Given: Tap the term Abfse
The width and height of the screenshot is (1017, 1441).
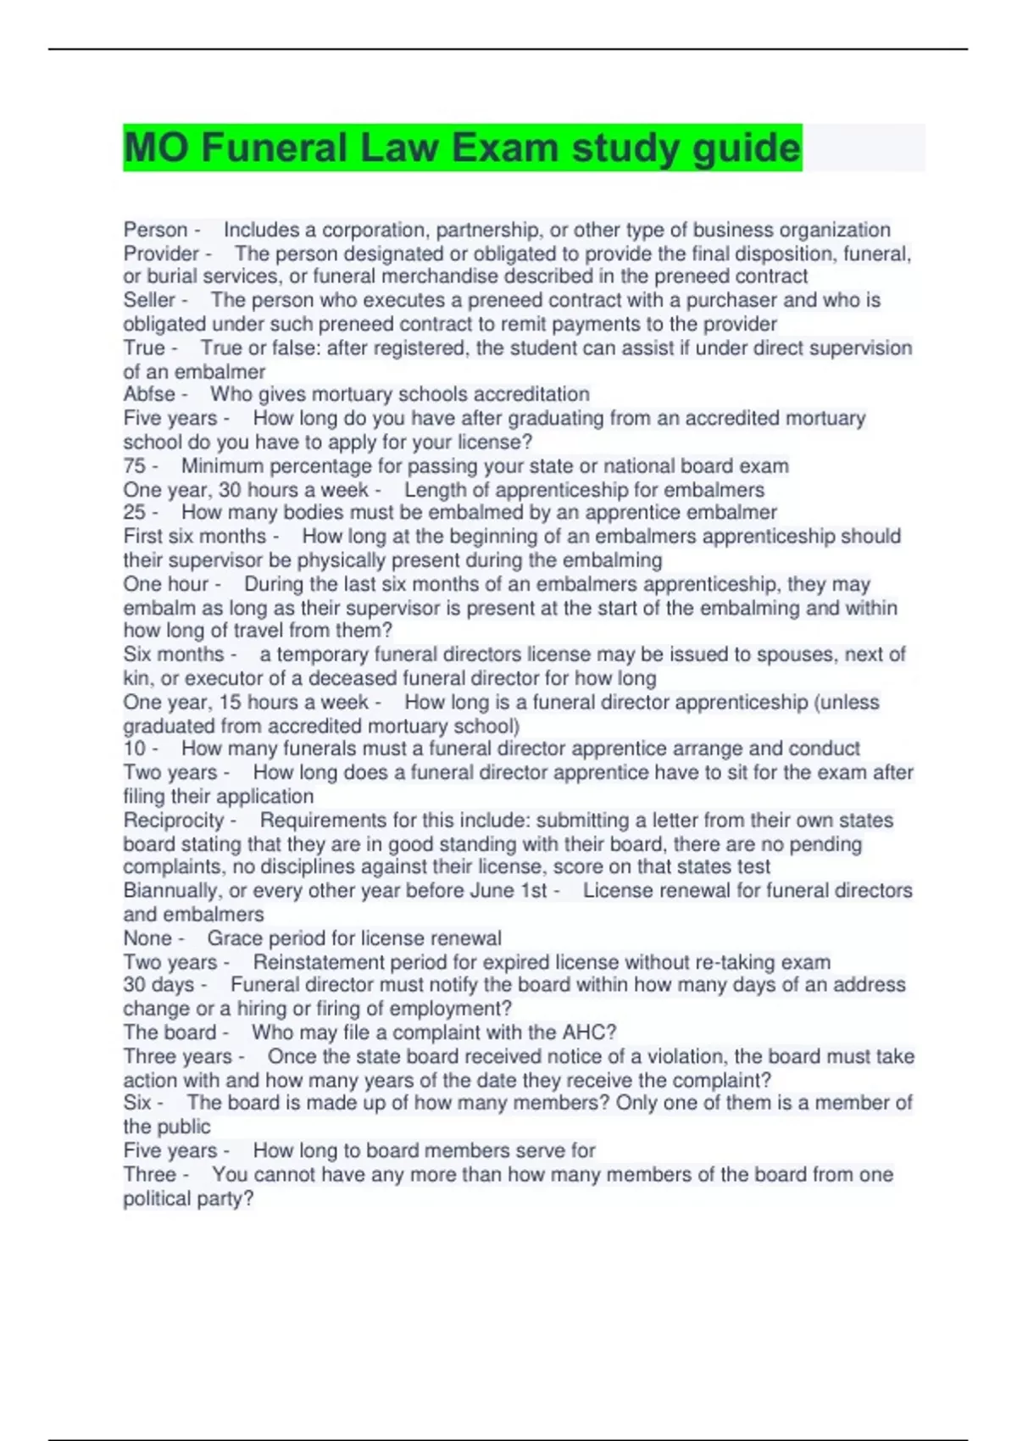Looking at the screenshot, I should pyautogui.click(x=149, y=394).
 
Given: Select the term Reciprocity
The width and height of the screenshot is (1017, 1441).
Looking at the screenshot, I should pyautogui.click(x=173, y=820).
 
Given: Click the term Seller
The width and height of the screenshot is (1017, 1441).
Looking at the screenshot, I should pyautogui.click(x=149, y=300).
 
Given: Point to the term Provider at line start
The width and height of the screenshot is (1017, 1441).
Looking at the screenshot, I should pyautogui.click(x=161, y=253).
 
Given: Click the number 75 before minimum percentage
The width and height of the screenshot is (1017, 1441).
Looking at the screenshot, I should pyautogui.click(x=134, y=465).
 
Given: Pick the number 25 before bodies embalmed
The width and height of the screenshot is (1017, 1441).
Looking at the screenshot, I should pyautogui.click(x=134, y=512).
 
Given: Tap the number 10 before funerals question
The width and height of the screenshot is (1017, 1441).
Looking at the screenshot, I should pyautogui.click(x=134, y=748).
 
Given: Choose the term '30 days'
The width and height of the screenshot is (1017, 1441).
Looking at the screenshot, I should pyautogui.click(x=158, y=985).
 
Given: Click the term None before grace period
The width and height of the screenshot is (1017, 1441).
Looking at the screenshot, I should pyautogui.click(x=147, y=938).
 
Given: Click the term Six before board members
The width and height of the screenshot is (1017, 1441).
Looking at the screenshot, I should pyautogui.click(x=137, y=1103).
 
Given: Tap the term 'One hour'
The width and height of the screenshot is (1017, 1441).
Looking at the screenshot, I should pyautogui.click(x=165, y=584).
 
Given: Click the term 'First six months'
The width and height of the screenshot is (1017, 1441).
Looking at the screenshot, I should pyautogui.click(x=194, y=537).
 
